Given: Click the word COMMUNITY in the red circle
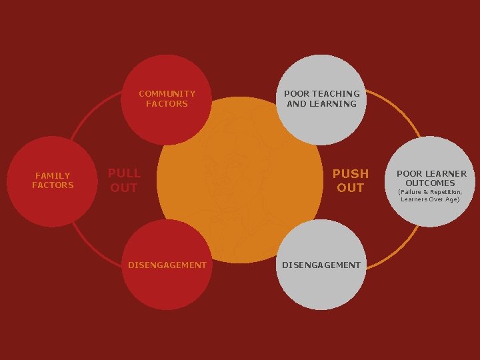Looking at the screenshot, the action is point(167,94).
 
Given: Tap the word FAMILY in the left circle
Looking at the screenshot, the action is point(53,176).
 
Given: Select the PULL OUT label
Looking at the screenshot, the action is point(124,181).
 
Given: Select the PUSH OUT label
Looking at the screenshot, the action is point(351,181).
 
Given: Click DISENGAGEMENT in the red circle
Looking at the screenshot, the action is point(167,265).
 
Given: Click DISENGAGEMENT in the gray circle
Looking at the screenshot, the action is point(321,265).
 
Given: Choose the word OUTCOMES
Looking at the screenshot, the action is point(431,183).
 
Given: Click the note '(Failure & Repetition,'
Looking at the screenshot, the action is point(430,192).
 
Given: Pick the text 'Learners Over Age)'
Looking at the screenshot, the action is point(430,199).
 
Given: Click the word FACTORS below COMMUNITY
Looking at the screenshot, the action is point(167,103).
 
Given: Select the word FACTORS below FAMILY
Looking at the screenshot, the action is point(53,185).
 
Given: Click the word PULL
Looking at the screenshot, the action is point(124,174).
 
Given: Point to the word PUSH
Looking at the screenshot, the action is point(351,174).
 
